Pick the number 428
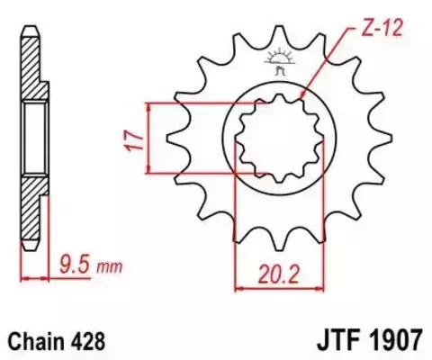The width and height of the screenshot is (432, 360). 91,341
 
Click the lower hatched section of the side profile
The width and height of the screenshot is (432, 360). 32,211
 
